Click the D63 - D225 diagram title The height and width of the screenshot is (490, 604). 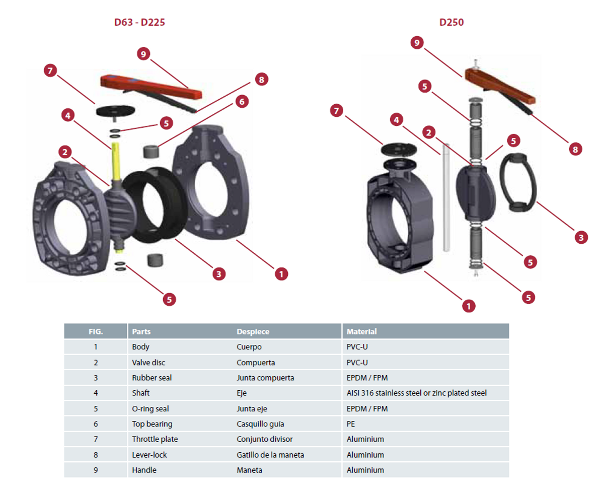pos(139,23)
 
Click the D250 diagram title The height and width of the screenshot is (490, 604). pos(452,23)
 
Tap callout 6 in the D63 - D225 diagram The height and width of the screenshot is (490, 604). pos(242,101)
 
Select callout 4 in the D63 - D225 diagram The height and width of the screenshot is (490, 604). pos(67,115)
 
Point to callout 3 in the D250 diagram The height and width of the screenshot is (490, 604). pos(581,237)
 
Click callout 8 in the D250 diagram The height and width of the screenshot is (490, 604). pos(576,149)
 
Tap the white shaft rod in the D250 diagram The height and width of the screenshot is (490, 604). pos(445,196)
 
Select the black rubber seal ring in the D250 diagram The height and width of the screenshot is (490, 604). pos(518,182)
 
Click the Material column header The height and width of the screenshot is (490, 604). pos(361,332)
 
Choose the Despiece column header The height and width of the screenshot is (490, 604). pos(253,332)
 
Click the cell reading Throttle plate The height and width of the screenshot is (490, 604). pos(155,439)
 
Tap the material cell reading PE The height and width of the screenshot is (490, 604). pos(351,424)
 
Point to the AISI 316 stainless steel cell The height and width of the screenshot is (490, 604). pos(416,393)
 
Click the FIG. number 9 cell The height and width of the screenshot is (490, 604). pos(96,470)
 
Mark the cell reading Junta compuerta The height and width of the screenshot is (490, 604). pos(265,378)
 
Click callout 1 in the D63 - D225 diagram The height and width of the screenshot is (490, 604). pos(281,274)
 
